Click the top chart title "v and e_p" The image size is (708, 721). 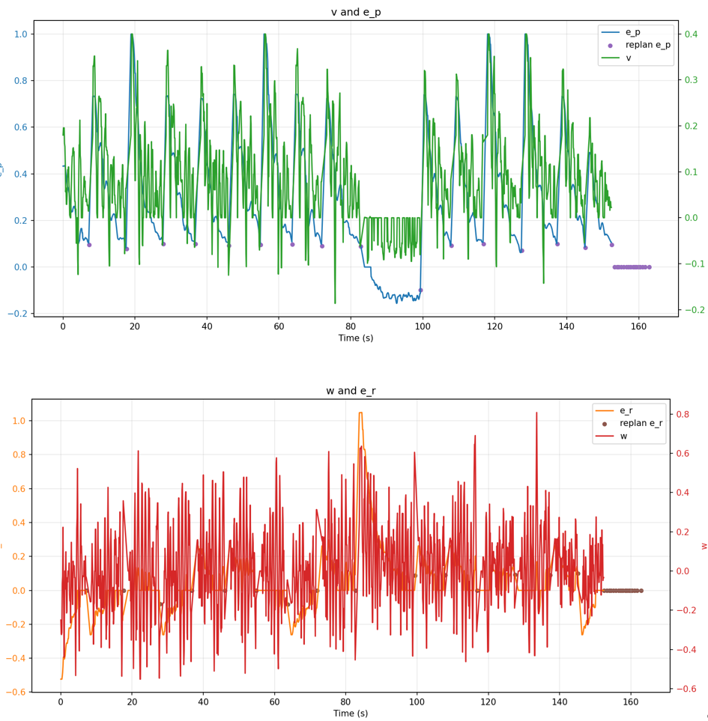point(356,12)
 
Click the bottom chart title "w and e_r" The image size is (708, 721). point(355,391)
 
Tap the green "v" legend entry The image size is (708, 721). point(629,58)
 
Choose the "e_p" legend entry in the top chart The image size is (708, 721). point(633,32)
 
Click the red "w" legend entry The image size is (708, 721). point(624,436)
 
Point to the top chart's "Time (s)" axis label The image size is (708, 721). point(355,338)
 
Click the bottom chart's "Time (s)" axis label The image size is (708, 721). point(355,714)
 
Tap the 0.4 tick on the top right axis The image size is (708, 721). point(690,34)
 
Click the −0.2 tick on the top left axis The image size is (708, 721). point(19,314)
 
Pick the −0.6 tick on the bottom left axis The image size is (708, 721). point(17,692)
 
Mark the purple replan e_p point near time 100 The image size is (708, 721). point(420,290)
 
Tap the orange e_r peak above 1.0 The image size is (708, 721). point(360,413)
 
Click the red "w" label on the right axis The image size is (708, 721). point(704,546)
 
